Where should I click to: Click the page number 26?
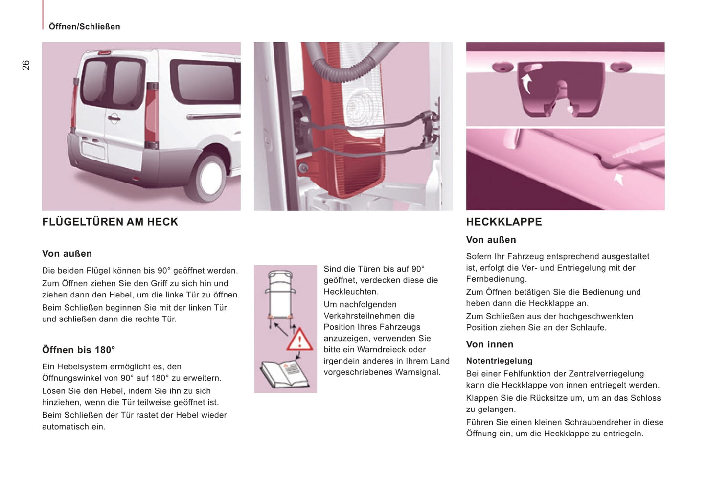26,65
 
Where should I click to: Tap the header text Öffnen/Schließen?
84,27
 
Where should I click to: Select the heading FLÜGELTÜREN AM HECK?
110,222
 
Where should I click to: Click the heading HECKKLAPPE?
504,222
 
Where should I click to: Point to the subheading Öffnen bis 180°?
78,350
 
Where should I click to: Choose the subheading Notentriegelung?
499,361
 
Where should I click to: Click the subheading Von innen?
489,344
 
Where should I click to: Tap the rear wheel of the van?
210,177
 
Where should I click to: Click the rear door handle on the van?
114,117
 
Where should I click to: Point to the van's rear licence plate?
93,149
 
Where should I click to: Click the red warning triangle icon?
299,339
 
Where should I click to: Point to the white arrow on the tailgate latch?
526,83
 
